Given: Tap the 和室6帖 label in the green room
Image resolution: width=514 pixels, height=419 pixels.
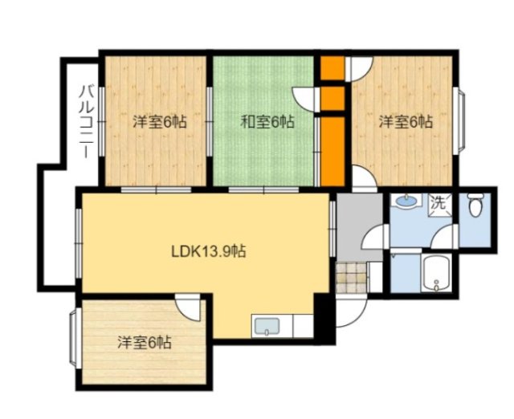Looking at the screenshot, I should [267, 123].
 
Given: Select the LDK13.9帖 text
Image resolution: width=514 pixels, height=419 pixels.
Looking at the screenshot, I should [208, 250].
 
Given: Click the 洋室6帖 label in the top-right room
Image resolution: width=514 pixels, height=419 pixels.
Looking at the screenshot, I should [406, 122].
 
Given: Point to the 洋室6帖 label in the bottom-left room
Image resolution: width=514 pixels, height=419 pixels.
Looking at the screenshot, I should [145, 342].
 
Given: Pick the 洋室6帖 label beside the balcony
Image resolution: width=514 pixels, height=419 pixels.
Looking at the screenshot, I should [160, 123].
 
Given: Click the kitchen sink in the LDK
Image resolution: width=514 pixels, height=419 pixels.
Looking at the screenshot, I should [266, 325].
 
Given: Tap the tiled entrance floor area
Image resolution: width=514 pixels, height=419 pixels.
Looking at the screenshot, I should [350, 279].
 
